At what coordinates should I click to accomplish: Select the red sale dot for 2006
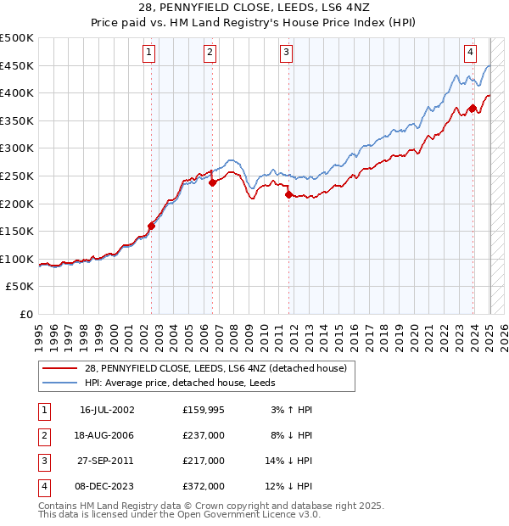pyautogui.click(x=213, y=182)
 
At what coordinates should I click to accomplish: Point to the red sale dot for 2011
pyautogui.click(x=289, y=194)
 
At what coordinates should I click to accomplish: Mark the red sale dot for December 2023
pyautogui.click(x=473, y=108)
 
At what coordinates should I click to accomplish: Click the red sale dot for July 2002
pyautogui.click(x=152, y=226)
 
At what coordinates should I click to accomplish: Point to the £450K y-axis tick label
pyautogui.click(x=17, y=65)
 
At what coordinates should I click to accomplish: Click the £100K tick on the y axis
pyautogui.click(x=17, y=259)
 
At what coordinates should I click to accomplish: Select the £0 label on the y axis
pyautogui.click(x=26, y=314)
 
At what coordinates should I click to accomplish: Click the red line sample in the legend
pyautogui.click(x=60, y=368)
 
